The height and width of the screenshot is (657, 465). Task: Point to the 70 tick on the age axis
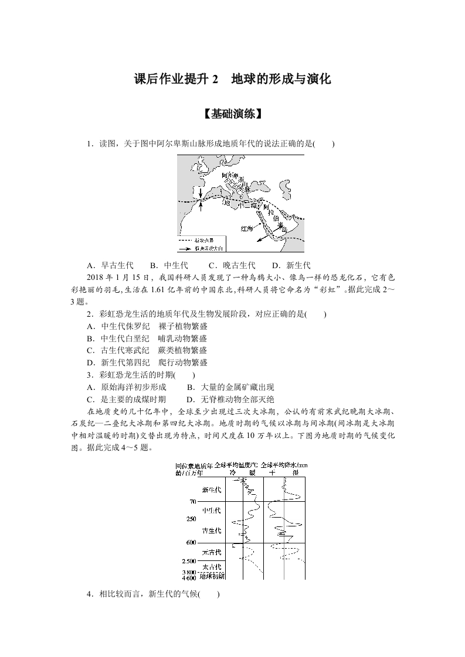192,502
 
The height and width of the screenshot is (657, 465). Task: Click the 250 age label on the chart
191,519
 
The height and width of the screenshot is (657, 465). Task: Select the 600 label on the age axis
191,543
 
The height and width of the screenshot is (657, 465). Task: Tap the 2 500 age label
189,562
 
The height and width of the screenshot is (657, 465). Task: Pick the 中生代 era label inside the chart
211,511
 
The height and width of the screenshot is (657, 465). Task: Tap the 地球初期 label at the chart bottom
212,576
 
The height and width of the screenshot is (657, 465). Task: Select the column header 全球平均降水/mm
283,464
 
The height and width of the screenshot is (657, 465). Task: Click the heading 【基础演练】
232,115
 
